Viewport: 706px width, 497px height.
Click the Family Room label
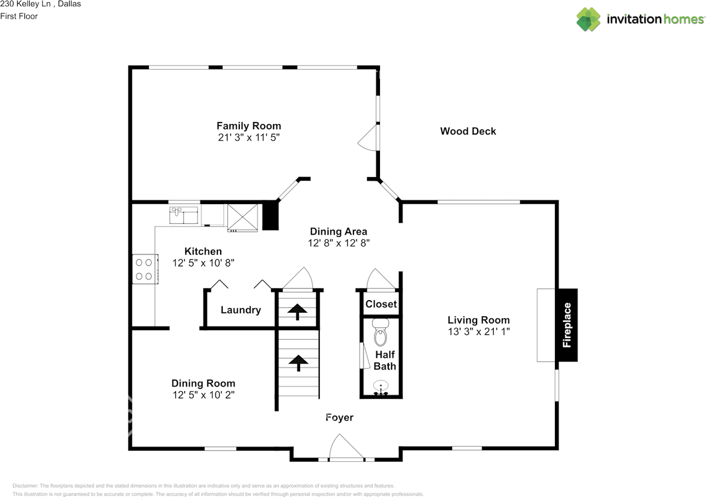tap(249, 126)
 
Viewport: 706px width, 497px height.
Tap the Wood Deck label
tap(468, 131)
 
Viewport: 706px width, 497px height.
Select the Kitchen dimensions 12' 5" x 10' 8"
tap(204, 263)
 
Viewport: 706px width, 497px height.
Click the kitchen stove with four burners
tap(145, 269)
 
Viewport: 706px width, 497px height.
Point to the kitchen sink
tap(184, 215)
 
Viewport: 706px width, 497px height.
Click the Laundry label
tap(241, 310)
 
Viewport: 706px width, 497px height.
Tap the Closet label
tap(381, 304)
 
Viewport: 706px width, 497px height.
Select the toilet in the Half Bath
tap(381, 332)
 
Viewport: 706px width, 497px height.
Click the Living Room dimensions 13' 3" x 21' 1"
tap(479, 332)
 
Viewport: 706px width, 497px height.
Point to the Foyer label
tap(339, 417)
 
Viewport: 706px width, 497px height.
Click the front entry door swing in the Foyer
tap(346, 446)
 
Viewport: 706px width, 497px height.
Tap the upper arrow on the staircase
tap(297, 312)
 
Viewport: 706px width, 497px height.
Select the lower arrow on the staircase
tap(298, 363)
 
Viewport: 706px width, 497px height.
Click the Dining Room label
tap(204, 383)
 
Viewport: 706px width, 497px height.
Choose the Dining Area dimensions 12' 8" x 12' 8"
tap(339, 243)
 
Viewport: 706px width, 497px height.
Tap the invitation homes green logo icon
tap(589, 19)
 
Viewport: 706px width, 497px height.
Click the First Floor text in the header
tap(19, 16)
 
